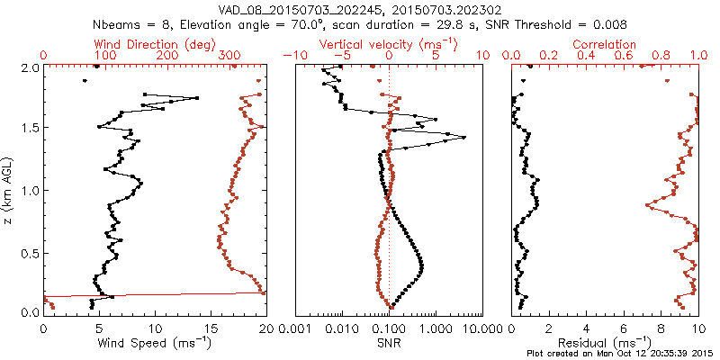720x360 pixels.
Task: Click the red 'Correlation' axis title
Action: (x=605, y=44)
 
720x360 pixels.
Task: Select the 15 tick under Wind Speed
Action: (x=211, y=327)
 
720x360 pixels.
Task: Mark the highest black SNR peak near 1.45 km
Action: (x=463, y=137)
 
